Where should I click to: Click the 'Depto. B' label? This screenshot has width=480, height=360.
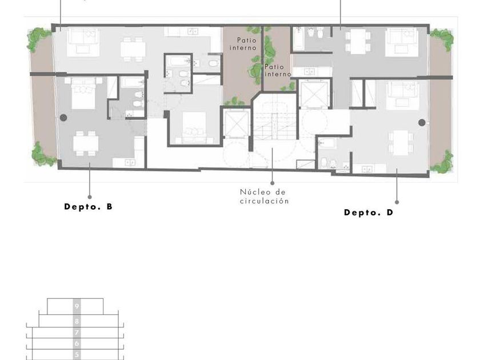click(x=88, y=207)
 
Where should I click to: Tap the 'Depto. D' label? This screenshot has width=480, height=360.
click(x=369, y=213)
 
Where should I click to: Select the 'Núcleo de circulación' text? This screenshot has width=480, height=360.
click(x=264, y=197)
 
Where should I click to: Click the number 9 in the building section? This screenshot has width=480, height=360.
click(x=77, y=306)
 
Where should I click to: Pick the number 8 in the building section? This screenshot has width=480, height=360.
click(x=77, y=321)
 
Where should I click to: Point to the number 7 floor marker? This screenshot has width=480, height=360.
click(x=77, y=333)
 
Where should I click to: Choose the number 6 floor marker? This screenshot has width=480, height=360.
click(x=77, y=343)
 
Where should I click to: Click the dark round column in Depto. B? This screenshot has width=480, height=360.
click(x=63, y=118)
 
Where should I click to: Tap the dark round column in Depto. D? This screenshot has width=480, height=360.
click(x=422, y=122)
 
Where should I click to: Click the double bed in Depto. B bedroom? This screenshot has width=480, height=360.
click(x=83, y=93)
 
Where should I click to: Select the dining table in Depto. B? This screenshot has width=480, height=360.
click(x=86, y=143)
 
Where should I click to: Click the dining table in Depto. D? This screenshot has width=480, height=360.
click(x=401, y=143)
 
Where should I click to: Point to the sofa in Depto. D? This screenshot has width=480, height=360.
click(x=402, y=96)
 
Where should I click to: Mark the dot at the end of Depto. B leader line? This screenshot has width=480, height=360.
click(x=90, y=197)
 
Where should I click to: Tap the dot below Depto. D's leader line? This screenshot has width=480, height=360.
click(x=397, y=202)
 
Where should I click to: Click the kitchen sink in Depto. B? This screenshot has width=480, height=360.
click(x=130, y=162)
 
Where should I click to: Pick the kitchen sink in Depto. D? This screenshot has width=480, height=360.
click(x=367, y=169)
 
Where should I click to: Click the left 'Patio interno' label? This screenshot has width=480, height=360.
click(x=243, y=44)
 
